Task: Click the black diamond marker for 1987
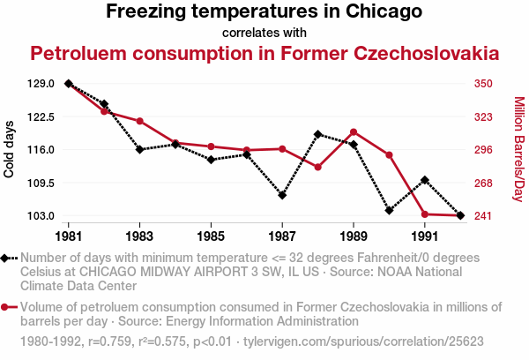tap(282, 195)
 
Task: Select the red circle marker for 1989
tap(354, 132)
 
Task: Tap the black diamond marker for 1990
tap(389, 210)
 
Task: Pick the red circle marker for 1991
tap(425, 214)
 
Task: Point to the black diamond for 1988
tap(317, 134)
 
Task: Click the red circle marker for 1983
tap(139, 121)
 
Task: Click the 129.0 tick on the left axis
tap(41, 84)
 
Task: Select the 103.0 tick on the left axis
tap(41, 216)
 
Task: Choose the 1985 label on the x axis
tap(211, 236)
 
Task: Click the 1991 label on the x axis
tap(425, 236)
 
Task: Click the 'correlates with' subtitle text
tap(264, 33)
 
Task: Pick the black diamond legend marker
tap(8, 258)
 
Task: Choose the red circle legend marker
tap(8, 307)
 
